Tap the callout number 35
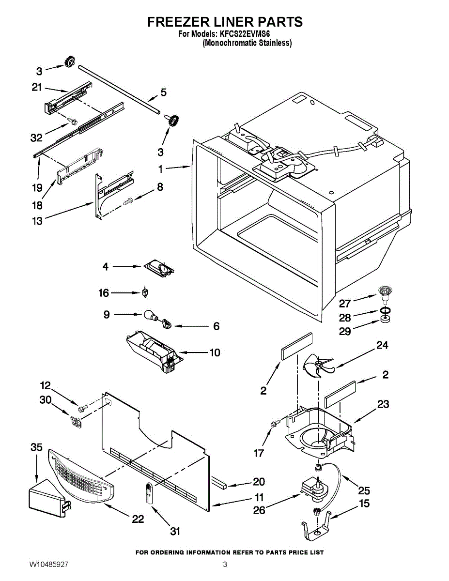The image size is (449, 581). click(x=37, y=447)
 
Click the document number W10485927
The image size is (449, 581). click(x=48, y=565)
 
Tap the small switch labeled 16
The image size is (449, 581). click(x=145, y=292)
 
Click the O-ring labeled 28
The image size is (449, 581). click(x=385, y=310)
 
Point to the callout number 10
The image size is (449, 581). click(x=215, y=352)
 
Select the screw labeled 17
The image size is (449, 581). click(x=275, y=424)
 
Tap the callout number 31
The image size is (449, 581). click(x=175, y=531)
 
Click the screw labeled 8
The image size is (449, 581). click(x=129, y=201)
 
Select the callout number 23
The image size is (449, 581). click(x=383, y=405)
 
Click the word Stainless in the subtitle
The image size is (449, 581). click(x=273, y=43)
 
